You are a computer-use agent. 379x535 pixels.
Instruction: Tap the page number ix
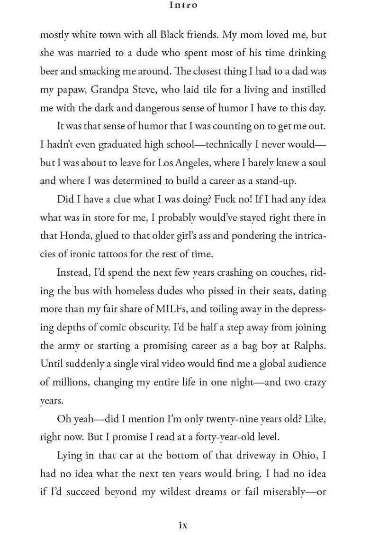(x=183, y=525)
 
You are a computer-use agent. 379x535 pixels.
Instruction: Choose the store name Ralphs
(x=310, y=346)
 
